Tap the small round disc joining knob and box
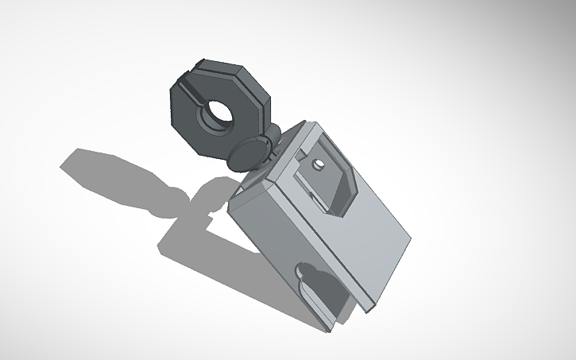tap(248, 152)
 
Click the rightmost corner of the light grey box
tap(412, 236)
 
